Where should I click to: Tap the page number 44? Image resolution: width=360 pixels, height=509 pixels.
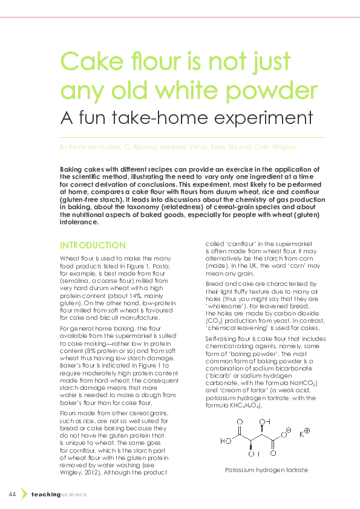pos(12,494)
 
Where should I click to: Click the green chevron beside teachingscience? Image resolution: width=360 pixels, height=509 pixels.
pos(24,494)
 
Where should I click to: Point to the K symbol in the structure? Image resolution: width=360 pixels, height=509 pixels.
pos(302,434)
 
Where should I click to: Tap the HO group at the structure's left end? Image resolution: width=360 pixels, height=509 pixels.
pos(225,441)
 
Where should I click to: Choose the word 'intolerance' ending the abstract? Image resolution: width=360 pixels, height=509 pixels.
pos(79,222)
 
